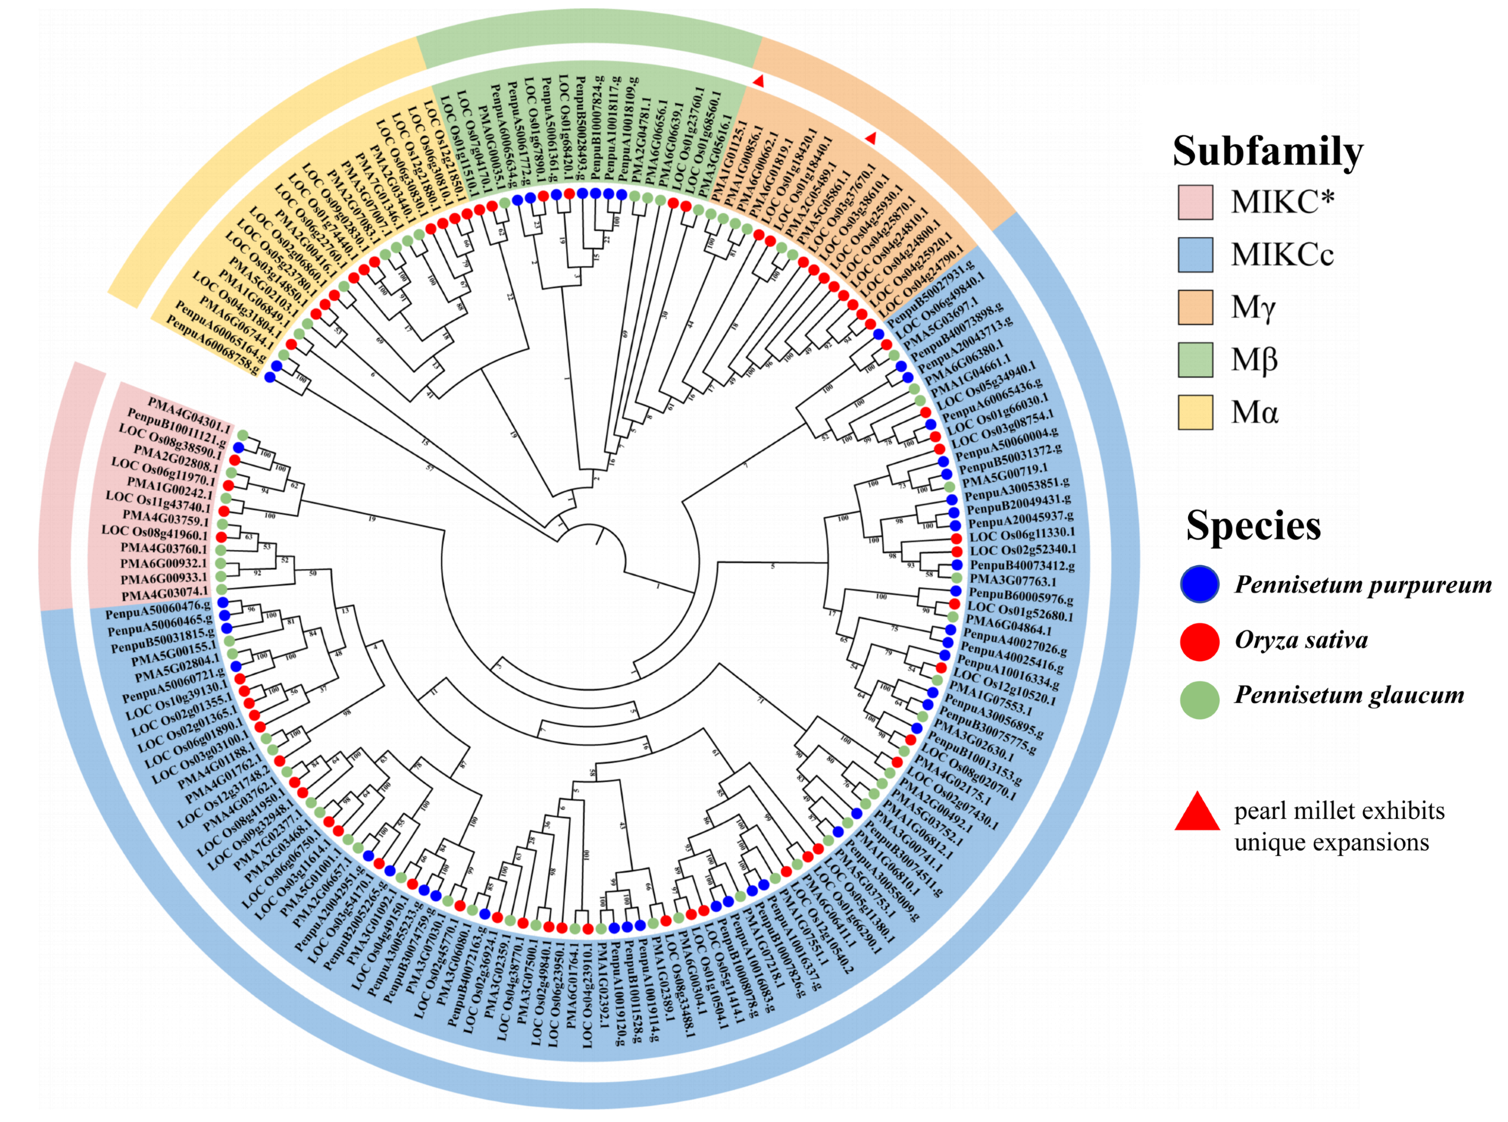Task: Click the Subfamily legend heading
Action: [x=1267, y=151]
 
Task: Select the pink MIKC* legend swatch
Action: [x=1195, y=202]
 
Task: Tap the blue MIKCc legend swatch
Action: [x=1195, y=255]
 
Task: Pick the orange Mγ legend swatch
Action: [x=1195, y=307]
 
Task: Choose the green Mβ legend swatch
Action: [x=1195, y=360]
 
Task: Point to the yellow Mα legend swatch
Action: [x=1195, y=412]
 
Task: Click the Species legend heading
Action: [x=1253, y=526]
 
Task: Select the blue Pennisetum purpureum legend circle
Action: [x=1200, y=584]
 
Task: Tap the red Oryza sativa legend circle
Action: [x=1200, y=641]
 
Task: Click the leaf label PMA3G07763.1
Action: [x=1013, y=581]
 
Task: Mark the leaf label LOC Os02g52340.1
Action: [x=1023, y=550]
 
